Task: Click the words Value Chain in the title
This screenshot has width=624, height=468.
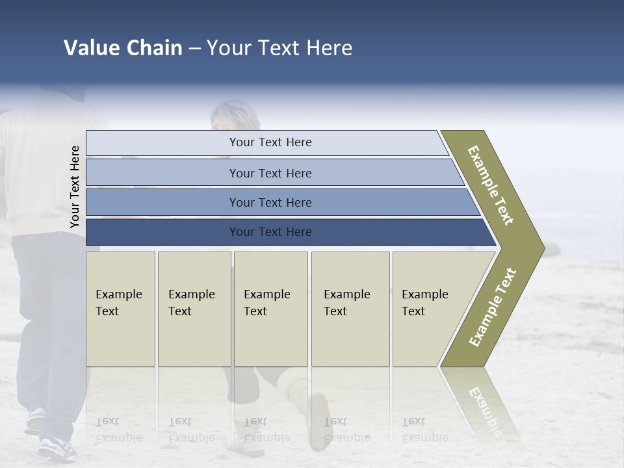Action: tap(123, 48)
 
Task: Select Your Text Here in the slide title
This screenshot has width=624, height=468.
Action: tap(279, 48)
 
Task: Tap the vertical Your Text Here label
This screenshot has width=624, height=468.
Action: tap(75, 187)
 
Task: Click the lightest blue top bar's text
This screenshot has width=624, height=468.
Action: tap(270, 142)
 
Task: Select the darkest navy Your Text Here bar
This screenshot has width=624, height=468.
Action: tap(270, 232)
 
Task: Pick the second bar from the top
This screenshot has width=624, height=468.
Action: tap(270, 173)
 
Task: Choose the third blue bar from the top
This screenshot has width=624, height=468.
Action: tap(270, 203)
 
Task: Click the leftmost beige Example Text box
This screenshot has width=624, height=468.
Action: tap(120, 309)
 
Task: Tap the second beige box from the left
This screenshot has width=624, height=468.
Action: tap(194, 309)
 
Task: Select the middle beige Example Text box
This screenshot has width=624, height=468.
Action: tap(270, 309)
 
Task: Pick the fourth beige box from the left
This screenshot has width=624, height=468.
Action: tap(350, 309)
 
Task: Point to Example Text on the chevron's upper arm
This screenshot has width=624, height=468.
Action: tap(491, 185)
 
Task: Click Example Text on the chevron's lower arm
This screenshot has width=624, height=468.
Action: tap(493, 307)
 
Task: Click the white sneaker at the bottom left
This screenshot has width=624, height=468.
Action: tap(57, 447)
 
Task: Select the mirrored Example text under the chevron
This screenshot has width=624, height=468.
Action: tap(484, 409)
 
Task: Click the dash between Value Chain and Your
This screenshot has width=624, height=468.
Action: tap(194, 49)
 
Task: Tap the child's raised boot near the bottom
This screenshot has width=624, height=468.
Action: tap(317, 416)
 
